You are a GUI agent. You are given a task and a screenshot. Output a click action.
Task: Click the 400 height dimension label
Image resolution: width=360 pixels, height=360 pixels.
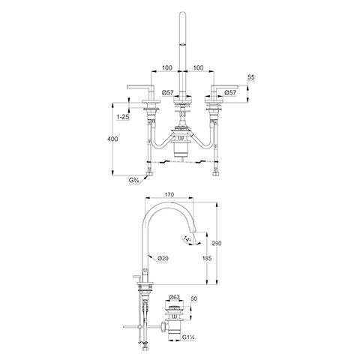pyautogui.click(x=112, y=139)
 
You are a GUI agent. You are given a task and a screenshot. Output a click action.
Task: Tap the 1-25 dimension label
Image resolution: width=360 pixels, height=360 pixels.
pyautogui.click(x=123, y=117)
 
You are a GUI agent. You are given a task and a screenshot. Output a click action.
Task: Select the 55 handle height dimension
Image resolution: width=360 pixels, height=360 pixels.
pyautogui.click(x=251, y=77)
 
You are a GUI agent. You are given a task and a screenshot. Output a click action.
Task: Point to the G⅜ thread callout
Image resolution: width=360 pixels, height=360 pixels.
pyautogui.click(x=134, y=181)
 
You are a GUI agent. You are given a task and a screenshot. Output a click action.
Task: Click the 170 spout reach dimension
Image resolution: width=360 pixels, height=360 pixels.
pyautogui.click(x=169, y=194)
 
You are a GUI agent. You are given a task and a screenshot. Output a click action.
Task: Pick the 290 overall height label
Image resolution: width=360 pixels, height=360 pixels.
pyautogui.click(x=217, y=243)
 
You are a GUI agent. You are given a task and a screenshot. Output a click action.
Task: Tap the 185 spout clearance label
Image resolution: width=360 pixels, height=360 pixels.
pyautogui.click(x=207, y=258)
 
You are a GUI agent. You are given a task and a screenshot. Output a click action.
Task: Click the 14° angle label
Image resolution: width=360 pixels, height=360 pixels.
pyautogui.click(x=187, y=239)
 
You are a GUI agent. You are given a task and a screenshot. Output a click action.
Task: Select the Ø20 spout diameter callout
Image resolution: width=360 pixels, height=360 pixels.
pyautogui.click(x=163, y=259)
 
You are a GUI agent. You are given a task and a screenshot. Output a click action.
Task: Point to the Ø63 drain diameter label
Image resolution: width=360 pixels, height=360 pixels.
pyautogui.click(x=174, y=298)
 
